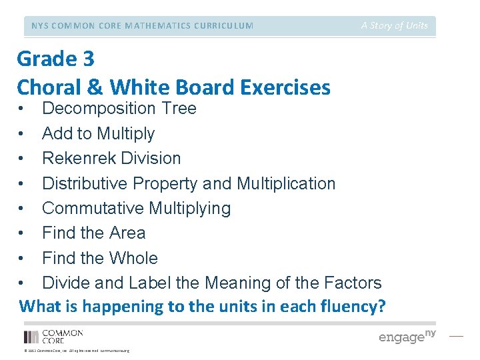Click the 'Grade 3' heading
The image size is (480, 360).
pyautogui.click(x=55, y=59)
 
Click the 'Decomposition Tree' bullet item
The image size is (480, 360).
pyautogui.click(x=119, y=109)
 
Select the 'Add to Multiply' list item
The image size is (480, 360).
pyautogui.click(x=98, y=133)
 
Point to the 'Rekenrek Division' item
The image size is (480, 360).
pyautogui.click(x=111, y=159)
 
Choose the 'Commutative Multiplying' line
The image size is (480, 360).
pyautogui.click(x=136, y=209)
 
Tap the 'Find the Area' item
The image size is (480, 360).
pyautogui.click(x=93, y=233)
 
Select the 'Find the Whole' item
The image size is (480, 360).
pyautogui.click(x=100, y=258)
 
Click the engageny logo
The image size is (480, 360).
pyautogui.click(x=407, y=336)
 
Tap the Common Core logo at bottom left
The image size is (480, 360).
pyautogui.click(x=53, y=336)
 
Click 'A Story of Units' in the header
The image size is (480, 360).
pyautogui.click(x=395, y=25)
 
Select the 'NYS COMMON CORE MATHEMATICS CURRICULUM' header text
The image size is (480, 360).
pyautogui.click(x=142, y=26)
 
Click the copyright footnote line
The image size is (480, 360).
pyautogui.click(x=76, y=351)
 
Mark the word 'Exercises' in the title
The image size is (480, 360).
pyautogui.click(x=279, y=87)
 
